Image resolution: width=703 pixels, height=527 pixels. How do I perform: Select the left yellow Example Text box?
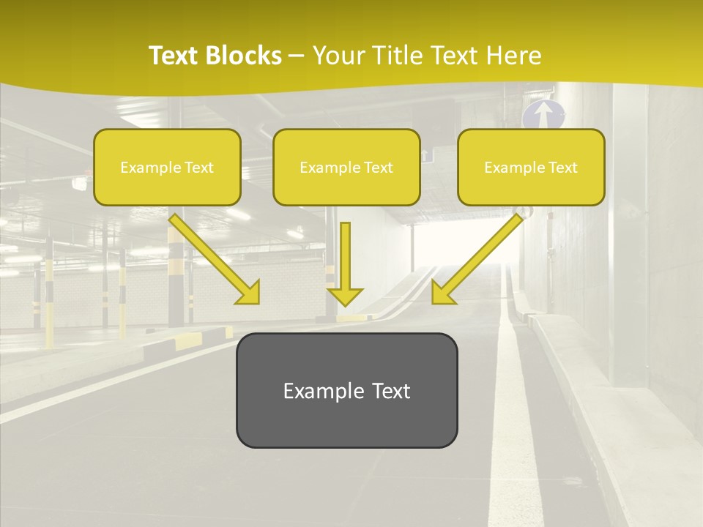[x=167, y=167]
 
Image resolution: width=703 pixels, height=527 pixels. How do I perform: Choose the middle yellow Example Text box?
[x=346, y=167]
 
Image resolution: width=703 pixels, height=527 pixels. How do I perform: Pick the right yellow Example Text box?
[x=531, y=167]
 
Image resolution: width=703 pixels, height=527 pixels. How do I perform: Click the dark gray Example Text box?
[x=346, y=390]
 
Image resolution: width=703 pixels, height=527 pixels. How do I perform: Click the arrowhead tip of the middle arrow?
[x=345, y=303]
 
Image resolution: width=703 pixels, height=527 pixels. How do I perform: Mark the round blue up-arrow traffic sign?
[x=543, y=114]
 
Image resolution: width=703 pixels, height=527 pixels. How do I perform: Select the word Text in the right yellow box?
[x=563, y=167]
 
